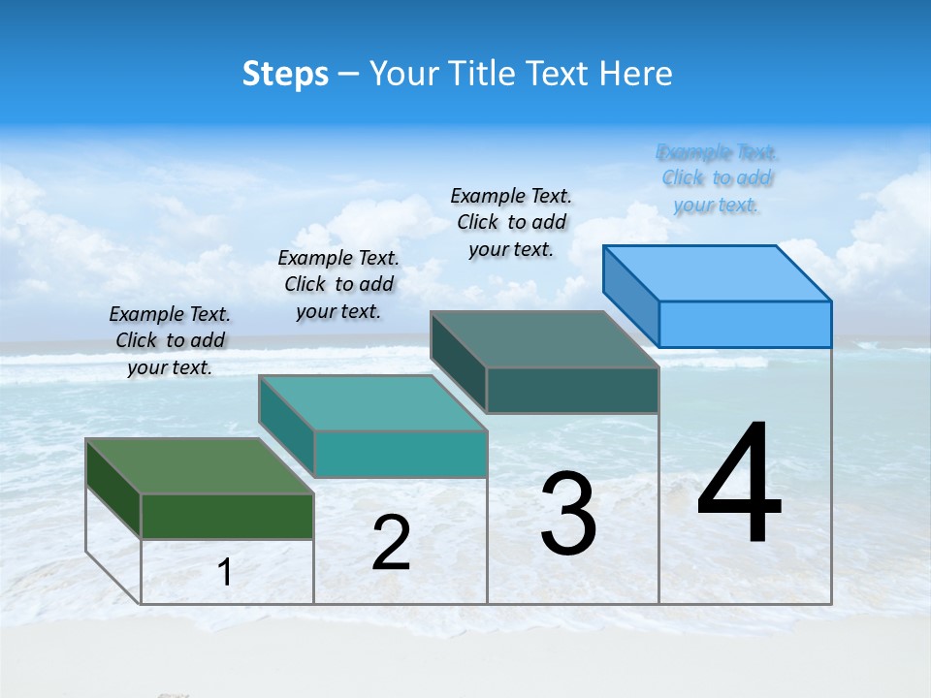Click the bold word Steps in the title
(285, 74)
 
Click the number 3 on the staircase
(568, 514)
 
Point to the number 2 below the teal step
(391, 543)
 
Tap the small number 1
(225, 572)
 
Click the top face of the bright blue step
(718, 272)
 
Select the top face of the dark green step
(200, 466)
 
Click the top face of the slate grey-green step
(545, 339)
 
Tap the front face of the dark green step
(227, 516)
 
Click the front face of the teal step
(400, 454)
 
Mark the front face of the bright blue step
(745, 324)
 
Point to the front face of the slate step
(572, 390)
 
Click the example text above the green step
(170, 340)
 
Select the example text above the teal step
(338, 284)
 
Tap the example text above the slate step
(511, 222)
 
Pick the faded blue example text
(717, 178)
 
